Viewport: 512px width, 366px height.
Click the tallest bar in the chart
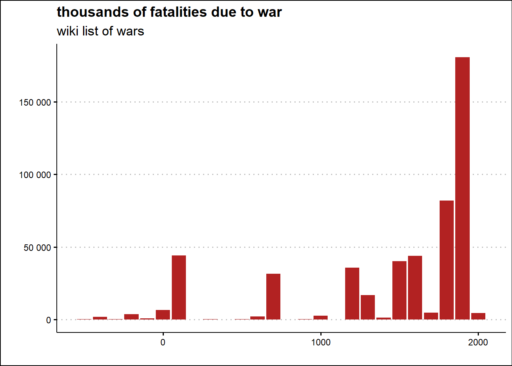click(462, 188)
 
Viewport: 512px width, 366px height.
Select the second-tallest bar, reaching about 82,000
click(446, 260)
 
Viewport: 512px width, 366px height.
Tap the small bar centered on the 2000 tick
click(478, 316)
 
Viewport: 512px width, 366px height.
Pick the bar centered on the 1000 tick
click(320, 318)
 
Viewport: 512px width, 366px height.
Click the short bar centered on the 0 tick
click(163, 315)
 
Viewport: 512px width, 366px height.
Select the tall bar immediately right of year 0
click(179, 287)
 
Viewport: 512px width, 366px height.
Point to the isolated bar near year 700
click(273, 297)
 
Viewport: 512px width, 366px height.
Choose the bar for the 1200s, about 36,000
click(352, 294)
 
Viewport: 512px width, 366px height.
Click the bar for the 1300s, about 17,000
click(368, 307)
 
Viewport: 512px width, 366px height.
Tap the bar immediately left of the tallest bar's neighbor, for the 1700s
click(431, 316)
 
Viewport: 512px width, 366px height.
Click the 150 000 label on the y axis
click(35, 103)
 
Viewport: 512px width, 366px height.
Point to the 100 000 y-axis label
click(35, 175)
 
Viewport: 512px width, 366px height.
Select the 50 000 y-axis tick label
click(37, 248)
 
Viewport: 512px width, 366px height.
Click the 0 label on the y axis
click(48, 320)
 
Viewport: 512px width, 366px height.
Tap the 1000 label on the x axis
click(321, 342)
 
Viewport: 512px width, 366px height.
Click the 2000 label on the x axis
click(478, 342)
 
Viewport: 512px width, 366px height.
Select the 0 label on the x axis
click(163, 342)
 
